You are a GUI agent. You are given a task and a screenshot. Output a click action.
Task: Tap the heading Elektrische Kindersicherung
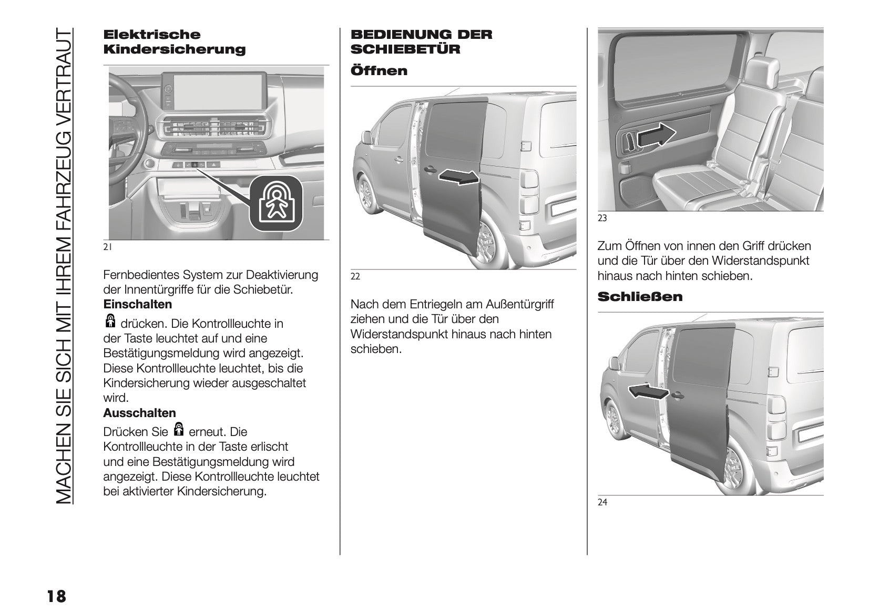(x=175, y=42)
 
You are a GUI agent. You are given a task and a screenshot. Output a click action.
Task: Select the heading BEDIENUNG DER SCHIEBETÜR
(x=421, y=42)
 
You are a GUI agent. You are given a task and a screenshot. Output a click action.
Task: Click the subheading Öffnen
(x=379, y=71)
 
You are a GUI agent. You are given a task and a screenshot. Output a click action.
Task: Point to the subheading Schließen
(x=640, y=297)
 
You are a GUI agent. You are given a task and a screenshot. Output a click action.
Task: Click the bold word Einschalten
(x=138, y=305)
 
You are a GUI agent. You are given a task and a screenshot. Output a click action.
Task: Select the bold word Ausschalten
(x=140, y=413)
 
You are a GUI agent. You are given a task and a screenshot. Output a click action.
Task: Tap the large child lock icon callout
(x=276, y=203)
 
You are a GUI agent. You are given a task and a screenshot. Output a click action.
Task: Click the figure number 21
(x=107, y=247)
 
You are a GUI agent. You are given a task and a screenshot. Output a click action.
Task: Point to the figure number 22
(x=355, y=277)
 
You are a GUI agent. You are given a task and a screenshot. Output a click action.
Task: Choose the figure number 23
(x=602, y=218)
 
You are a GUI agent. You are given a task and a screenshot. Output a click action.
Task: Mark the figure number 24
(x=602, y=503)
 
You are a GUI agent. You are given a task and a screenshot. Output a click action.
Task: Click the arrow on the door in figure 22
(x=459, y=178)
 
